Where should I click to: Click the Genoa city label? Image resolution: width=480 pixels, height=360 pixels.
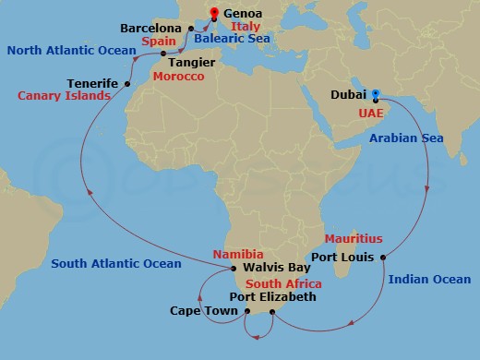tap(243, 15)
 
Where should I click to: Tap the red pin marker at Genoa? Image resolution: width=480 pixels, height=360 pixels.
tap(215, 12)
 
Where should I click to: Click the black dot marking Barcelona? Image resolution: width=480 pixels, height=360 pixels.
tap(191, 29)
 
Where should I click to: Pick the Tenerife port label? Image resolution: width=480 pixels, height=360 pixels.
tap(92, 83)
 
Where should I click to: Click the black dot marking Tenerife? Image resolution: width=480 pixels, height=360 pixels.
tap(126, 83)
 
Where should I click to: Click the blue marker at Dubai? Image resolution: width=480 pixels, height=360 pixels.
tap(376, 92)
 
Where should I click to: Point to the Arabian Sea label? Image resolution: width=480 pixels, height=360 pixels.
tap(406, 138)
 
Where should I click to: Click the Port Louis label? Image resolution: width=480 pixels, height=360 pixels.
tap(342, 257)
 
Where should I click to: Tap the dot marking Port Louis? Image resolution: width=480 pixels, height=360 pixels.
tap(381, 257)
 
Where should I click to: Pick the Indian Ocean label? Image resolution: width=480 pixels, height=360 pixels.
tap(429, 279)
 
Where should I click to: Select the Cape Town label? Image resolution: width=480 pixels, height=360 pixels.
tap(199, 311)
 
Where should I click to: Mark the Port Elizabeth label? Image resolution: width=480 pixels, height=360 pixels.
tap(272, 297)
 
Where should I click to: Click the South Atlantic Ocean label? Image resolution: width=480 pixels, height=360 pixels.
tap(116, 264)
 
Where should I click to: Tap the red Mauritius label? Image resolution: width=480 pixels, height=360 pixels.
tap(354, 238)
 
